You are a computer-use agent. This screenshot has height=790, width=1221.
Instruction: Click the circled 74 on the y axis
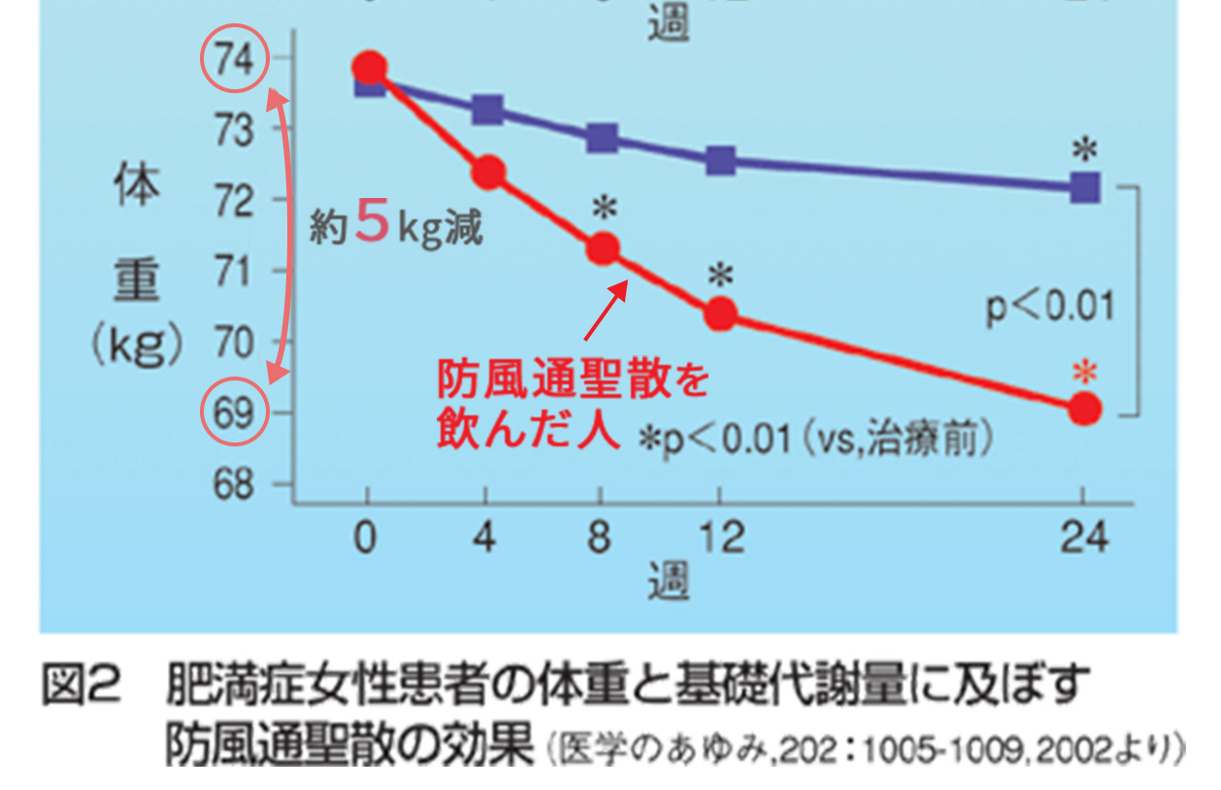(x=233, y=60)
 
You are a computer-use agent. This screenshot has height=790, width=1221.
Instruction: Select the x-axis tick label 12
(x=719, y=537)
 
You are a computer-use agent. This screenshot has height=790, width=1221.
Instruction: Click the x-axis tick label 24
(x=1084, y=537)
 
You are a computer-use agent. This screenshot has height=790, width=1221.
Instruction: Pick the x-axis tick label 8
(x=602, y=537)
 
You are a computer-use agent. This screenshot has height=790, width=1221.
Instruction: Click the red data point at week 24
(x=1085, y=410)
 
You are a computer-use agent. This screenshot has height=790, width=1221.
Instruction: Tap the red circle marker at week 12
(x=720, y=313)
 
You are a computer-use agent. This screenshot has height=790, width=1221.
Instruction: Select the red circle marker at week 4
(x=488, y=173)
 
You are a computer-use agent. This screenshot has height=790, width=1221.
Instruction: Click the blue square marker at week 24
(x=1085, y=187)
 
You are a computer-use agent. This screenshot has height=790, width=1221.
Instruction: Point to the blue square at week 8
(x=603, y=138)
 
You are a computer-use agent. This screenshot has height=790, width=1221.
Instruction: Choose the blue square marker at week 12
(x=720, y=161)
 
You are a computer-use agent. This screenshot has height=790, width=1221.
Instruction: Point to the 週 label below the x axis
(x=669, y=580)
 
